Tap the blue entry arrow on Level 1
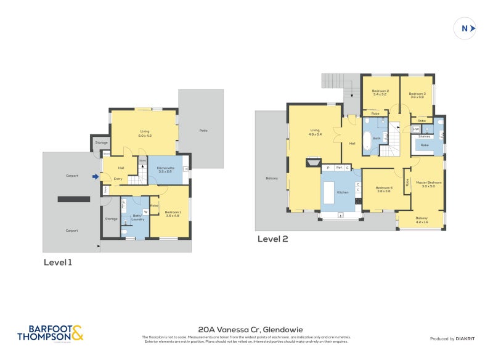coord(95,176)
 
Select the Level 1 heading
coord(57,262)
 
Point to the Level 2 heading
coord(272,239)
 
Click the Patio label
coord(203,131)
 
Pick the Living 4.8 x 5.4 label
coord(314,133)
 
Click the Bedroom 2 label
coord(380,93)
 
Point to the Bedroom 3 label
coord(417,95)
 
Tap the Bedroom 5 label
coord(384,189)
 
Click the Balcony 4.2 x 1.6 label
coord(422,219)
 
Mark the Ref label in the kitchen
coord(338,167)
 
